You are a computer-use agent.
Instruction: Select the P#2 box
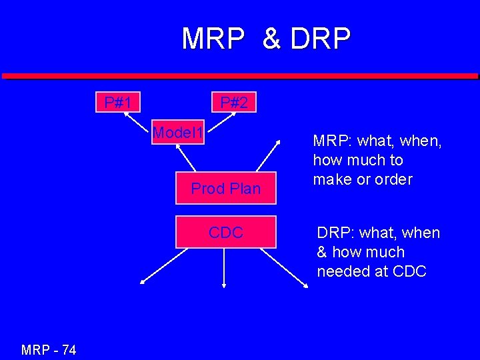[x=234, y=103]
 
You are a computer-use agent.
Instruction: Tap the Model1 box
[x=178, y=133]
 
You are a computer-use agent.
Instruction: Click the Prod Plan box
[x=225, y=189]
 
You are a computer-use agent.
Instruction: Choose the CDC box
[x=225, y=233]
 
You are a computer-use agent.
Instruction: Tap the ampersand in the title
[x=271, y=39]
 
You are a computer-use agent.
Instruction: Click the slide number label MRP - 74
[x=49, y=349]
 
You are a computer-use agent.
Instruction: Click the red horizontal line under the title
[x=240, y=76]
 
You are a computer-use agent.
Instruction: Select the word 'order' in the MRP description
[x=393, y=179]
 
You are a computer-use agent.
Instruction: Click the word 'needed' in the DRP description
[x=344, y=271]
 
